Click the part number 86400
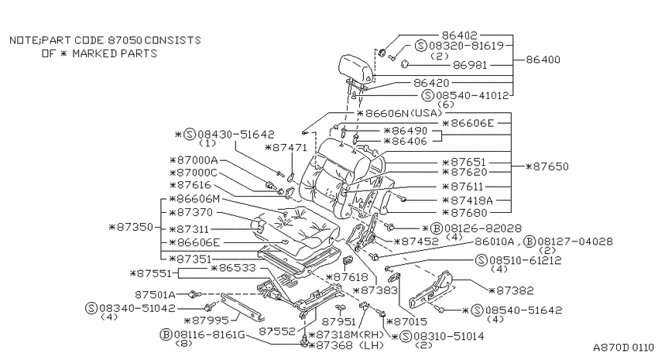[x=543, y=60]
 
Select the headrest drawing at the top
[x=356, y=68]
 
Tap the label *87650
[x=547, y=166]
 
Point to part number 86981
[x=470, y=65]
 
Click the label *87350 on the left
[x=131, y=227]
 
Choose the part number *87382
[x=512, y=290]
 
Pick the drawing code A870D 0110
[x=623, y=348]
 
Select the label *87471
[x=286, y=147]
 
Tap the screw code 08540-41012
[x=472, y=96]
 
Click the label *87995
[x=207, y=321]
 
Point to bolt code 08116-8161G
[x=210, y=334]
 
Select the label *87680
[x=465, y=213]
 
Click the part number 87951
[x=338, y=321]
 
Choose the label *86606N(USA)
[x=399, y=113]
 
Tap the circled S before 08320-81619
[x=421, y=46]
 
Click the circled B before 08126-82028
[x=437, y=228]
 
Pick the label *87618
[x=347, y=277]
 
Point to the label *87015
[x=406, y=322]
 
